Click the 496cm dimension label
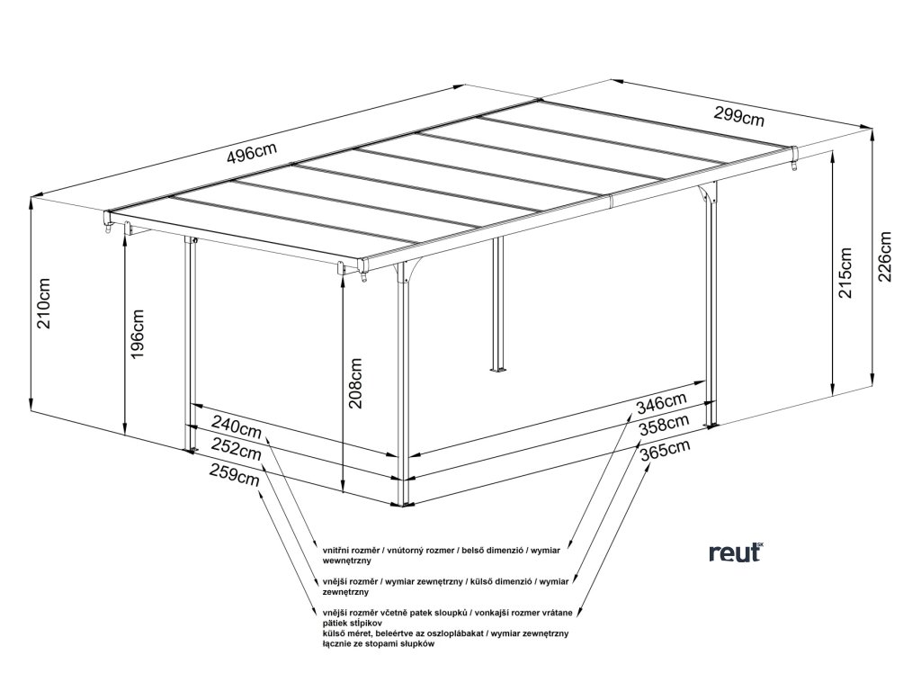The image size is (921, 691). point(252,152)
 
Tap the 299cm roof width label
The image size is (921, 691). point(739,116)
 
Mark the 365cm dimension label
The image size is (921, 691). point(666,449)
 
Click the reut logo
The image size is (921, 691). point(734,551)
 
